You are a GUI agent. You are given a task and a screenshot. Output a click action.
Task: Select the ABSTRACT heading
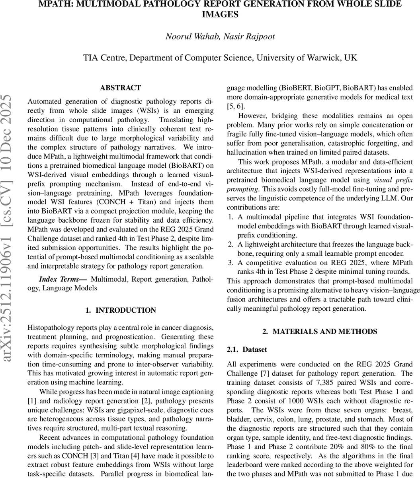120,88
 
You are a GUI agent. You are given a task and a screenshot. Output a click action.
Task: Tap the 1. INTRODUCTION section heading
121,310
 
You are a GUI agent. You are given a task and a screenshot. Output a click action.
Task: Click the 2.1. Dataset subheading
247,349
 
